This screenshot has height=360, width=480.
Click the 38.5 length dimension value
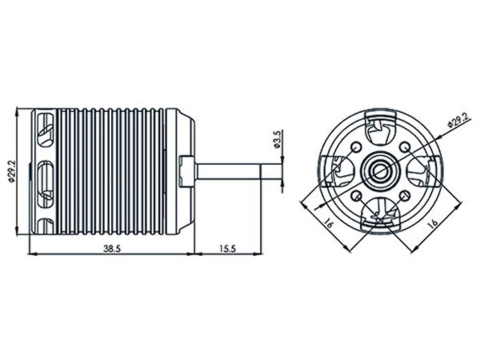coord(111,248)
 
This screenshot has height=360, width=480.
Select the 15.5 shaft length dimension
coord(227,248)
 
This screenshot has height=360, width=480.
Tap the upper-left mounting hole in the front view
coord(356,147)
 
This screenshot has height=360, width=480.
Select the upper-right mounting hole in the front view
coord(405,147)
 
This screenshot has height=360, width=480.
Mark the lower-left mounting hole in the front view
coord(356,195)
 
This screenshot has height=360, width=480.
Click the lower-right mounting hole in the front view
coord(405,195)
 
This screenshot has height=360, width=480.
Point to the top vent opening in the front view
coord(380,128)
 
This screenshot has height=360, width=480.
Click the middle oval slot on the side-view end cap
coord(45,173)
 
